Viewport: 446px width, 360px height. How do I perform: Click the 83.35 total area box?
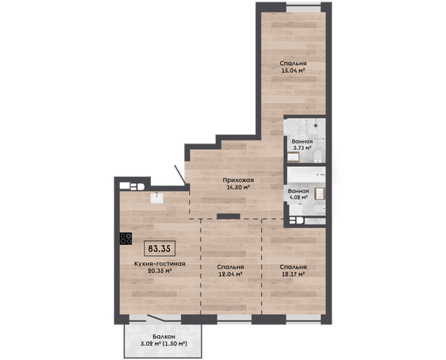[x=160, y=249]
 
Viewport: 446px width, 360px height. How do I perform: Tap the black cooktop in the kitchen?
[x=125, y=239]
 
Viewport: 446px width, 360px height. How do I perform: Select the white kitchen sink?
[x=156, y=197]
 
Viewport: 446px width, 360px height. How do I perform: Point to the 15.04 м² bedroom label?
[x=294, y=67]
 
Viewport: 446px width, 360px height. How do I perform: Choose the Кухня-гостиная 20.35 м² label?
[x=160, y=267]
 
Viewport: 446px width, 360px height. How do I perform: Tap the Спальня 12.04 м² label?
[x=230, y=270]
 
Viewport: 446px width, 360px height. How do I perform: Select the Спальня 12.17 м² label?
[x=294, y=270]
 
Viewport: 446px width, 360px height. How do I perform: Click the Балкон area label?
[x=163, y=340]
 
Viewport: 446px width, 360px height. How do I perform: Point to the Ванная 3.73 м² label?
[x=302, y=144]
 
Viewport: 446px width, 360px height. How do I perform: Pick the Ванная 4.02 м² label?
[x=298, y=193]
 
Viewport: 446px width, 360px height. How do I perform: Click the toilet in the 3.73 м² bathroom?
[x=317, y=156]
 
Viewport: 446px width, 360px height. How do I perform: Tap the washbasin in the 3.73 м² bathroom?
[x=293, y=157]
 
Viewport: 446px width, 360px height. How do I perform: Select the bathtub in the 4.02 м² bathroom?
[x=306, y=174]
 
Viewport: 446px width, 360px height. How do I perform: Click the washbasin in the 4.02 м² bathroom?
[x=320, y=193]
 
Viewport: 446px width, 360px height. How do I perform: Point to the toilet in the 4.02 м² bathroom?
[x=318, y=209]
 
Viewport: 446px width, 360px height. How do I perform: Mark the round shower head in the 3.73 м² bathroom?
[x=316, y=125]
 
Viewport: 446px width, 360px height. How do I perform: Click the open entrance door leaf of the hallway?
[x=180, y=174]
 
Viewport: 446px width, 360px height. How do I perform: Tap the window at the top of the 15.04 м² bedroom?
[x=303, y=8]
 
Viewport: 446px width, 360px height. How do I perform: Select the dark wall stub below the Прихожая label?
[x=229, y=216]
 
